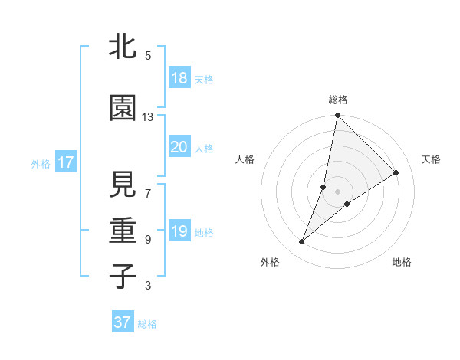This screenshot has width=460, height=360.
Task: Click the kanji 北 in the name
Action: (123, 47)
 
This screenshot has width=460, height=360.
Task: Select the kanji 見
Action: (123, 185)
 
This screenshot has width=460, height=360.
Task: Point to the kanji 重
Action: (123, 231)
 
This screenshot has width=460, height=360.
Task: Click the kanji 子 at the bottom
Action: (123, 277)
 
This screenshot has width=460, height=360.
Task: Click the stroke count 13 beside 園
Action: (148, 117)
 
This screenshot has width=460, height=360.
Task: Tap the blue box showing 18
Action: (179, 78)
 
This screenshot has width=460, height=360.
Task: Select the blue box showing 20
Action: (179, 147)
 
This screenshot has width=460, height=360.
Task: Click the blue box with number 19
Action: (179, 231)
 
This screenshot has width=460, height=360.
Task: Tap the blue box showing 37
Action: (122, 322)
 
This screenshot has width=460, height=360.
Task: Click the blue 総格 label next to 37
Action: (148, 324)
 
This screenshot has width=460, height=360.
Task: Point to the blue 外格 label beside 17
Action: (41, 163)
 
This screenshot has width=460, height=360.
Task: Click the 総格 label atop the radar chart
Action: (338, 100)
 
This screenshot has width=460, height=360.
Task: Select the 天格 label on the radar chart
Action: (431, 159)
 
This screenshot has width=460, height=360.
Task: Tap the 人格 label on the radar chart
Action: (245, 159)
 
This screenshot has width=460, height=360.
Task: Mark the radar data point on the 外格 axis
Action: (302, 242)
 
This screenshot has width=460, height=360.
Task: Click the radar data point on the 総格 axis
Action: (337, 116)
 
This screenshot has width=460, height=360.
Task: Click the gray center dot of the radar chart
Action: (337, 191)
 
